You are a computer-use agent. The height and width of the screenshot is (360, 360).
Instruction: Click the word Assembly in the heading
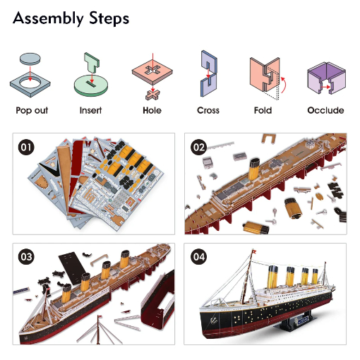tap(48, 18)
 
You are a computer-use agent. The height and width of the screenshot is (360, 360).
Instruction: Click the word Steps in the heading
tap(109, 18)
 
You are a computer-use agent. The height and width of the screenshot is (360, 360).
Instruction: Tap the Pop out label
tap(32, 110)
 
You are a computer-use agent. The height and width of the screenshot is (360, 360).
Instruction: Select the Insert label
tap(90, 110)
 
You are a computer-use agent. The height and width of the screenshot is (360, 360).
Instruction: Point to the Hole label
tap(152, 110)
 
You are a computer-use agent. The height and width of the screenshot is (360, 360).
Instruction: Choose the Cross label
tap(208, 110)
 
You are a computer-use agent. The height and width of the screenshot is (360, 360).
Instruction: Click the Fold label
tap(263, 110)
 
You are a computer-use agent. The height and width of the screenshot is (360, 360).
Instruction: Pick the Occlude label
tap(325, 110)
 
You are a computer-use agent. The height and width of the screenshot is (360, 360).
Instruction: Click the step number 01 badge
tap(26, 148)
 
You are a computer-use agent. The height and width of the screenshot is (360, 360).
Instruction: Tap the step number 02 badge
tap(199, 148)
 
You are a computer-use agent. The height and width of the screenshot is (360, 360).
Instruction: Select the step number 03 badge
tap(26, 257)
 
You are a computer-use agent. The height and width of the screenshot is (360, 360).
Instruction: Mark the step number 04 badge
tap(199, 257)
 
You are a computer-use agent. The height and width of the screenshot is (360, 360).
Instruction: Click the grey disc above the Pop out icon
tap(30, 59)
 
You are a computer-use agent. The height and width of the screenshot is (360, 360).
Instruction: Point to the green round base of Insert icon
tap(91, 86)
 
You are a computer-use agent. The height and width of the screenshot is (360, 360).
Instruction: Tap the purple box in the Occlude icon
tap(326, 78)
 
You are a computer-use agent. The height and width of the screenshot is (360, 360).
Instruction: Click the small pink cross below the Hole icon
tap(152, 95)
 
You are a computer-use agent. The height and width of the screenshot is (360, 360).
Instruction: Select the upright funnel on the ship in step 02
tap(254, 169)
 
